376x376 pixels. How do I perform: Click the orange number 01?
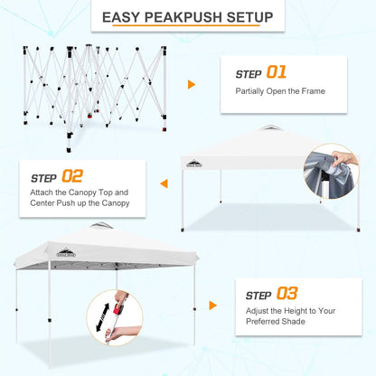point(276,72)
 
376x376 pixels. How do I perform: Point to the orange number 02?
point(71,175)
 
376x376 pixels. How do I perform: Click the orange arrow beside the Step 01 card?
point(191,84)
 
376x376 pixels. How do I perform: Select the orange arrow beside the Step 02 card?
point(164,183)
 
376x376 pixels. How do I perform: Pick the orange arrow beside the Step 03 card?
point(211,305)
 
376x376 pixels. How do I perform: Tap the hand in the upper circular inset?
point(345,157)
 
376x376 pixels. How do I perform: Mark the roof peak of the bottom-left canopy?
point(101,225)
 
